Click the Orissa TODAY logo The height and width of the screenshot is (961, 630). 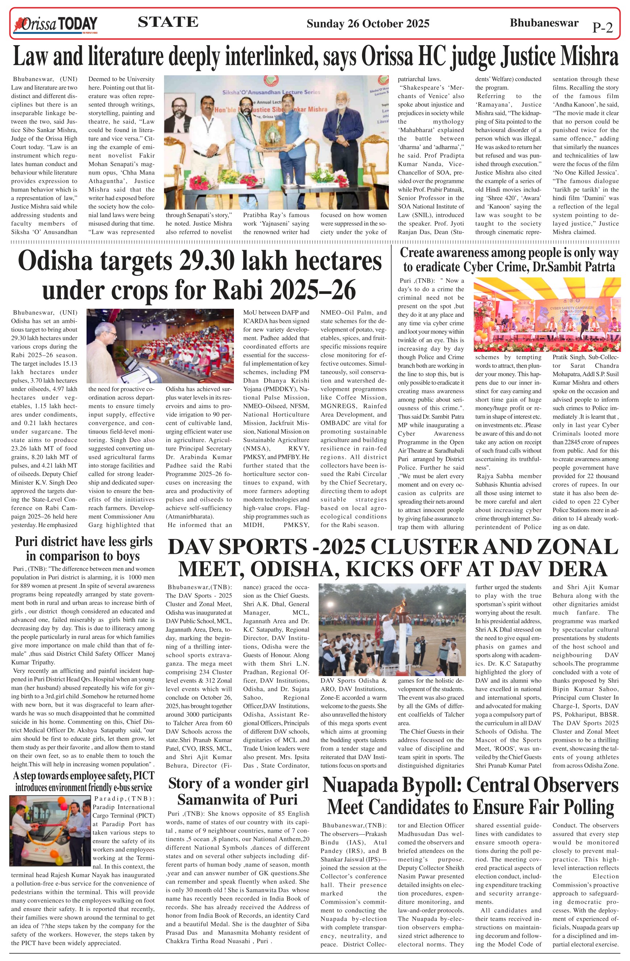tap(56, 25)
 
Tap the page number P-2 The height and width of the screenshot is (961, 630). tap(602, 28)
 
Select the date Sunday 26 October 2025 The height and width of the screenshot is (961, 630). tap(367, 24)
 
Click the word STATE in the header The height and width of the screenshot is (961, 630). tap(168, 22)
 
